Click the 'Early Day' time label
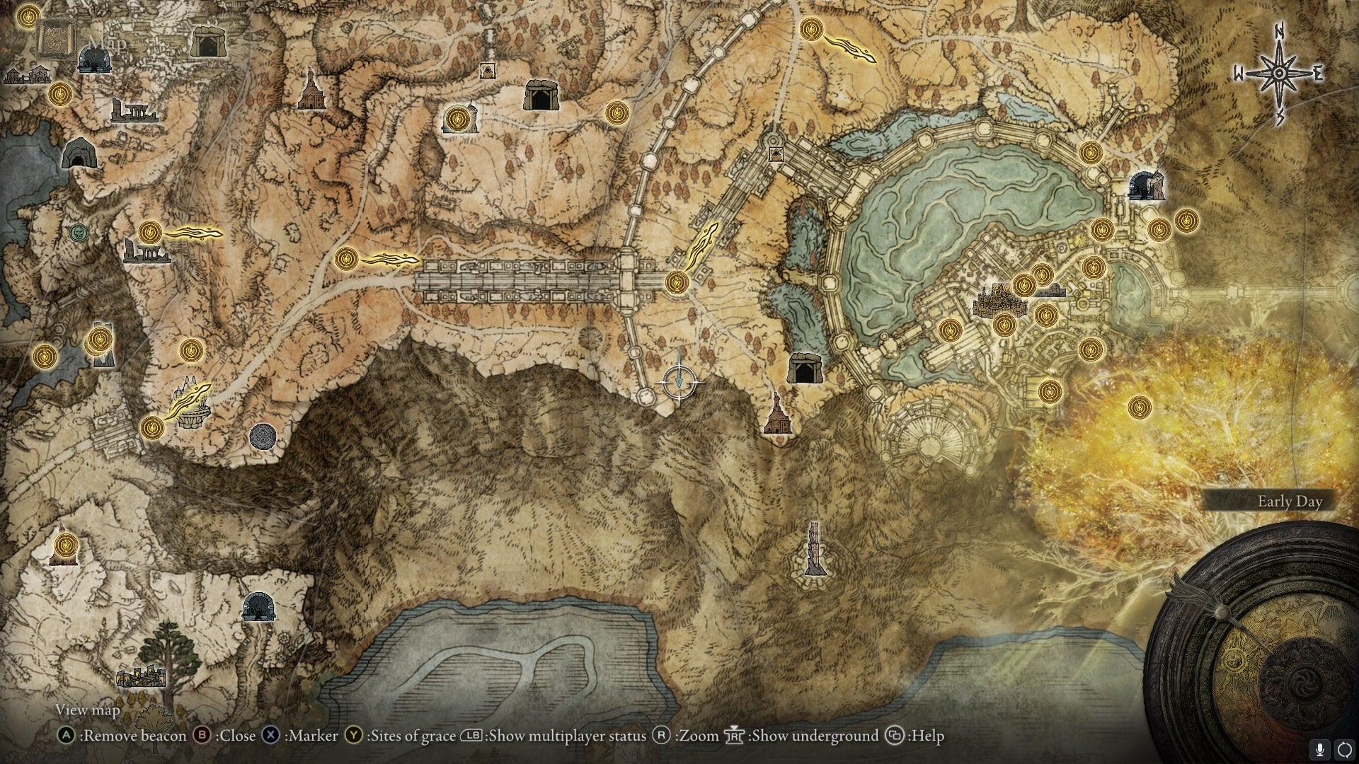coord(1290,502)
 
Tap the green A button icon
coord(66,736)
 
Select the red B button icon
coord(202,736)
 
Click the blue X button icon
coord(270,736)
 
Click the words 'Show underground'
coord(814,736)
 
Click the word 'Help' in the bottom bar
coord(928,736)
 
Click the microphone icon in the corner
coord(1319,749)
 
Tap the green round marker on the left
coord(79,231)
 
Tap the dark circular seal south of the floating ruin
coord(263,436)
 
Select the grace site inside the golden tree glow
coord(1139,407)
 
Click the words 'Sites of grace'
coord(411,736)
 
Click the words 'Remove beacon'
coord(133,736)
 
